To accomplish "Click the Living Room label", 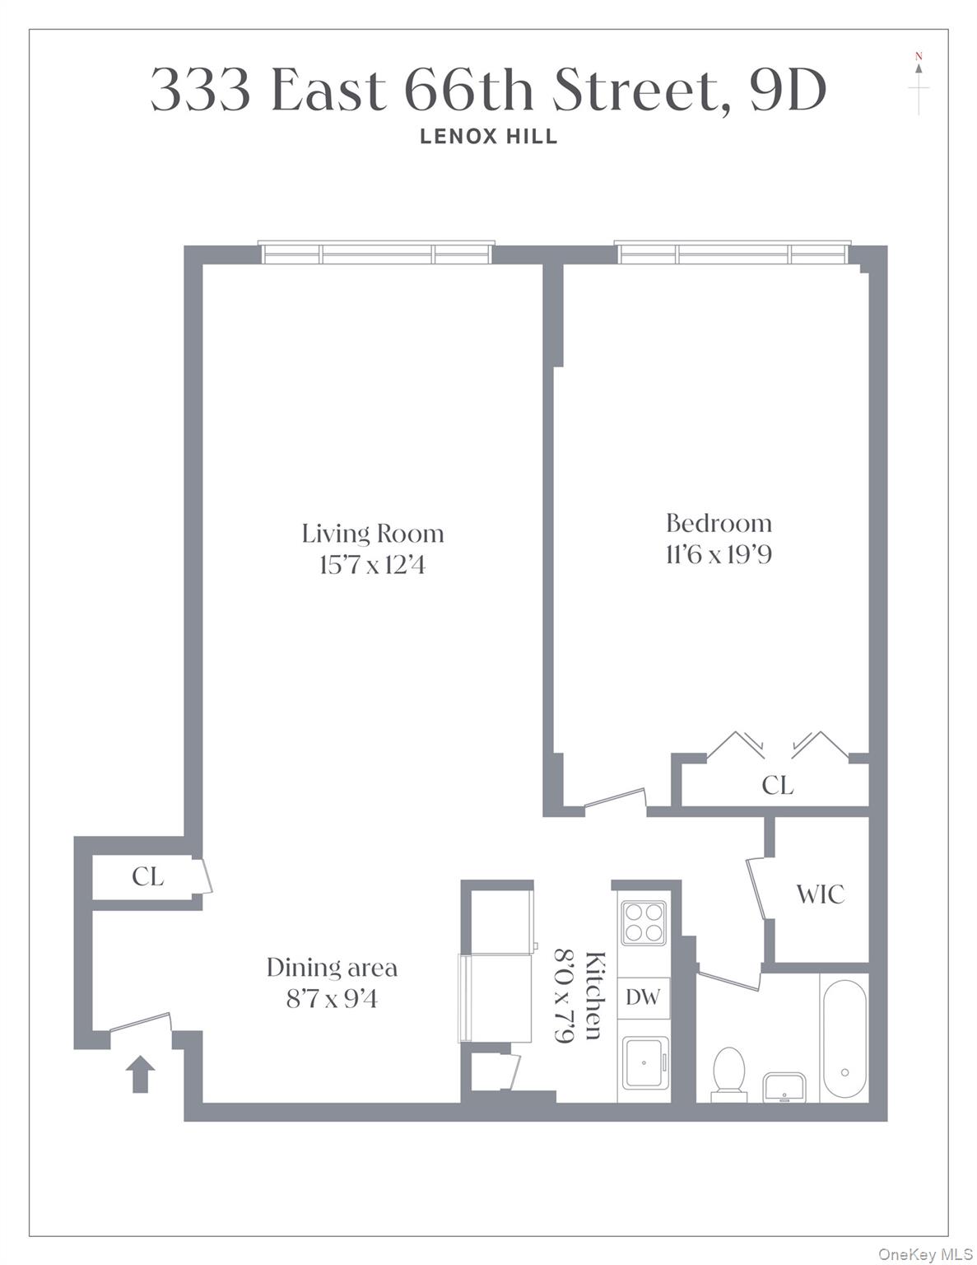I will (x=372, y=534).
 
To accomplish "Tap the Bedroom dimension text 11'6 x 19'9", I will (x=718, y=555).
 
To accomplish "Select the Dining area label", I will (x=332, y=967).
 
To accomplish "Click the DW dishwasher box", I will (x=643, y=997).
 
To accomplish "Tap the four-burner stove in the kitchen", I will (x=644, y=922).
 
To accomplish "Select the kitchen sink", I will (x=644, y=1062).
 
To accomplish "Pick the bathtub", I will (x=844, y=1035).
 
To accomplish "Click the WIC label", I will (x=820, y=894).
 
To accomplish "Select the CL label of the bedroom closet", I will (x=777, y=786).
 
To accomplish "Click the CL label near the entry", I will (x=147, y=876).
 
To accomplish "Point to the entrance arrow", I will (x=140, y=1074).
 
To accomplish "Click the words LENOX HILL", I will (x=489, y=137).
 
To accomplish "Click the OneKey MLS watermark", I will (x=924, y=1254).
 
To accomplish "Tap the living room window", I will (x=377, y=253).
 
